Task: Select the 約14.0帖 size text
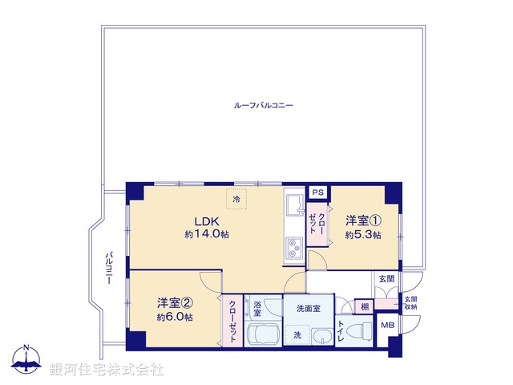pos(207,235)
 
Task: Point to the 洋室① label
pos(363,221)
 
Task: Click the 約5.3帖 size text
pos(363,235)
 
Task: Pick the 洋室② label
pos(175,302)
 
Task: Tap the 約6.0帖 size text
pos(175,317)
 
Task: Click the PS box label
pos(318,192)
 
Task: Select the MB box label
pos(387,326)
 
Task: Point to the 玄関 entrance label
pos(386,278)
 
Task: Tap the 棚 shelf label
pos(365,306)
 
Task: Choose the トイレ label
pos(341,332)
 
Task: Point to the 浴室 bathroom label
pos(258,308)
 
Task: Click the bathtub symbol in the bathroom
pos(264,336)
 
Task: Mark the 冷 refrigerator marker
pos(236,199)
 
